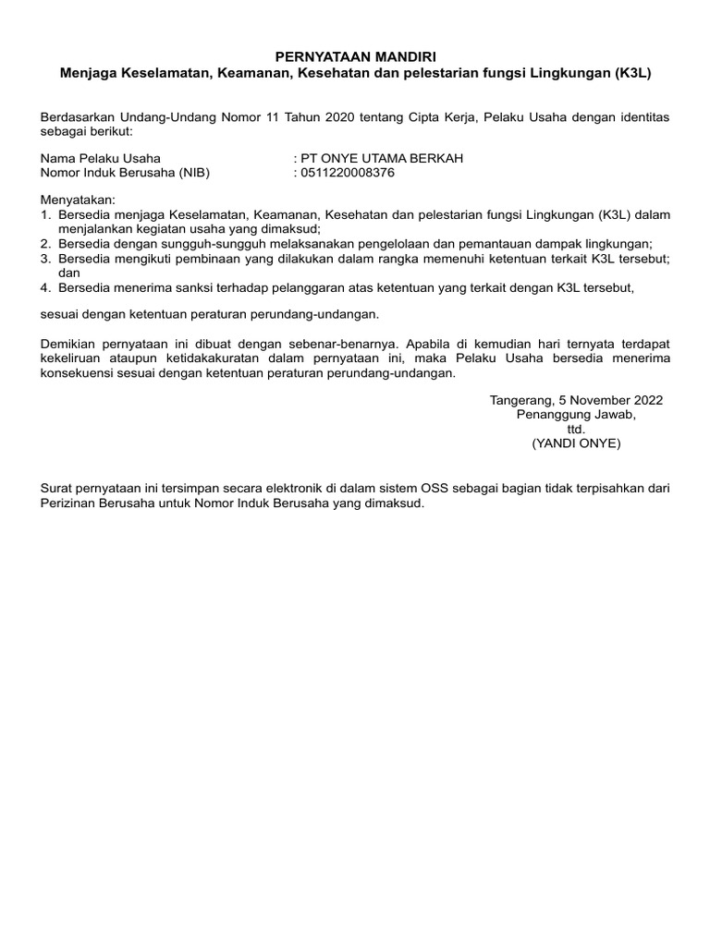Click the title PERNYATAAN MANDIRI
tap(355, 57)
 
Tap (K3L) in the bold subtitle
tap(632, 72)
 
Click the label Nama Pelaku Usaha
tap(100, 158)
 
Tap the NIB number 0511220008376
tap(348, 172)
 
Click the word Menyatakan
tap(77, 200)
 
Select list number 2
tap(45, 244)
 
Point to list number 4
tap(45, 287)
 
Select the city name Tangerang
tap(520, 401)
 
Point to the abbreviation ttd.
tap(576, 430)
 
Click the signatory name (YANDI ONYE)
tap(576, 443)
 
